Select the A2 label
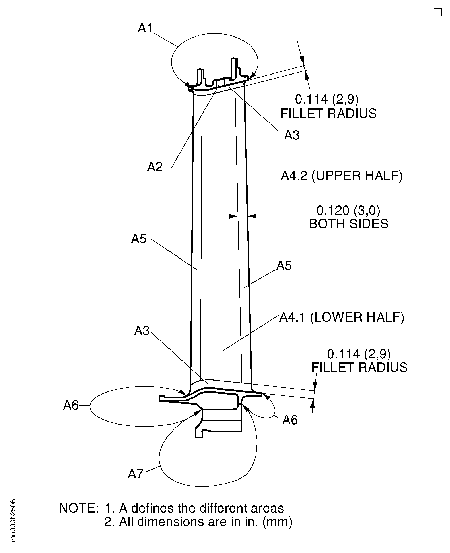pyautogui.click(x=155, y=167)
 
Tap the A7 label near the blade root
pyautogui.click(x=136, y=474)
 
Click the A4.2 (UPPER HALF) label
pyautogui.click(x=341, y=176)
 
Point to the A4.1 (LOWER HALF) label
pyautogui.click(x=341, y=317)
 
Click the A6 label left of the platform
pyautogui.click(x=71, y=405)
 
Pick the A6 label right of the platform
pyautogui.click(x=290, y=420)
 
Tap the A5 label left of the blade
pyautogui.click(x=139, y=239)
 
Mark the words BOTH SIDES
pyautogui.click(x=348, y=224)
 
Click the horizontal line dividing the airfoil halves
pyautogui.click(x=220, y=247)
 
